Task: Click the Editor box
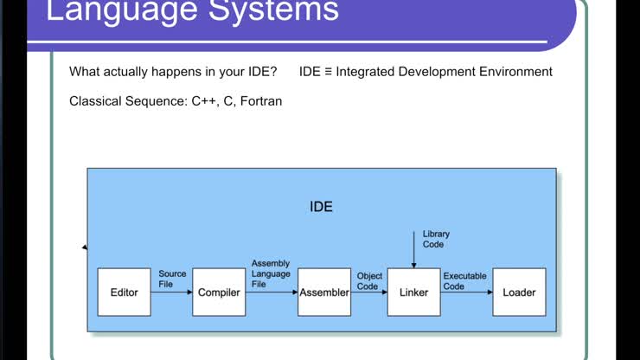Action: (x=124, y=292)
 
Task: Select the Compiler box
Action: (x=219, y=292)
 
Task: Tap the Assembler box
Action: (x=324, y=292)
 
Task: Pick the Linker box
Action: (x=413, y=292)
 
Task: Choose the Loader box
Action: (x=519, y=292)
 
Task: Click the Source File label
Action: (x=172, y=279)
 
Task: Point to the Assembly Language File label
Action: (x=271, y=273)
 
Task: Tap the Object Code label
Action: (x=369, y=281)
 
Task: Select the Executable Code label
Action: (x=465, y=281)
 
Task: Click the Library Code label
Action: (x=435, y=239)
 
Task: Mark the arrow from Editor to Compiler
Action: (x=171, y=292)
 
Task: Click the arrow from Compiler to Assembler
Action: (x=272, y=292)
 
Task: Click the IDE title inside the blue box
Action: (x=321, y=207)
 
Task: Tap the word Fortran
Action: (x=261, y=101)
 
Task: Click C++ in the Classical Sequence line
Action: (x=204, y=101)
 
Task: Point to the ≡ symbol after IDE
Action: (x=328, y=72)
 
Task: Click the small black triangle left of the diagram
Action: (x=84, y=247)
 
